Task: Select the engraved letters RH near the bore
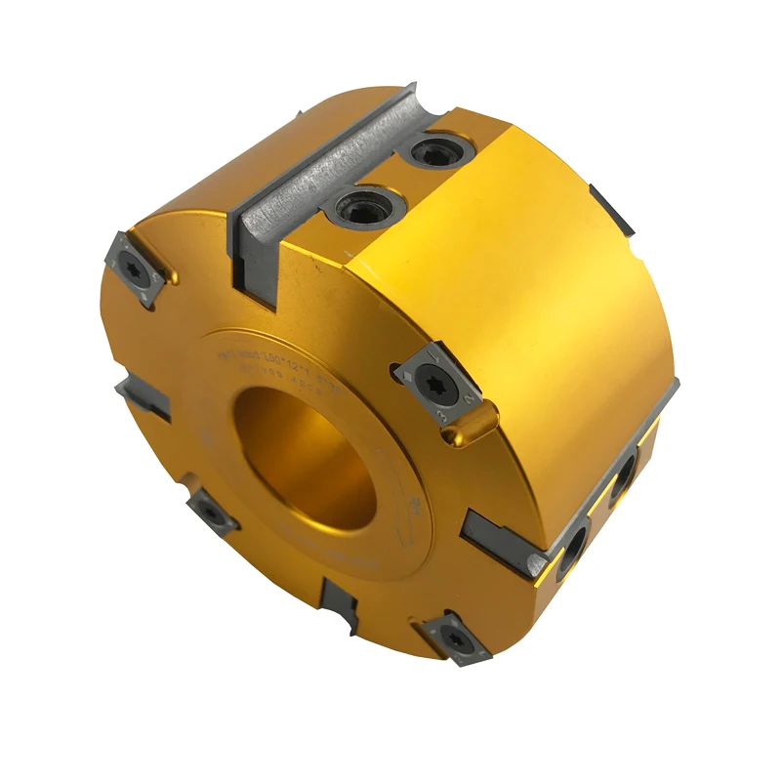[x=416, y=506]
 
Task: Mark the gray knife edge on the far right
[x=613, y=211]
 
